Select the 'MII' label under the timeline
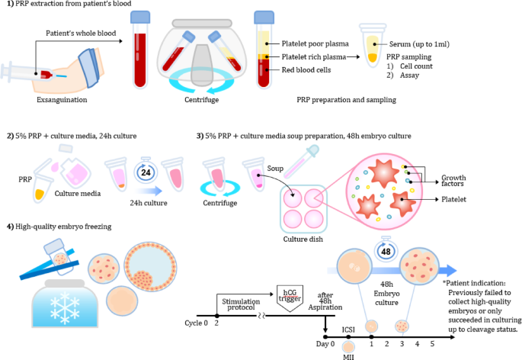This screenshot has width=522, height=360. pos(348,355)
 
